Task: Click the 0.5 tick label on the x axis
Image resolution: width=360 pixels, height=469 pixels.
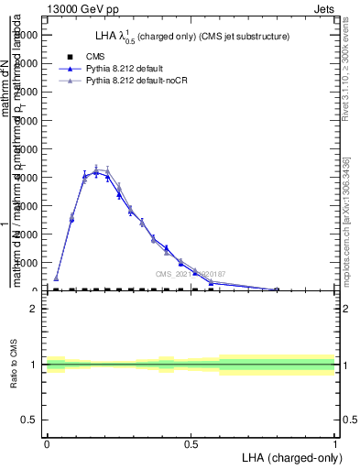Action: [x=191, y=444]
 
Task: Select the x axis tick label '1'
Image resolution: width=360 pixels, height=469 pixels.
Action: [x=335, y=444]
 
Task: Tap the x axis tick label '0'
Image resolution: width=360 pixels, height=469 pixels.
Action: [x=47, y=444]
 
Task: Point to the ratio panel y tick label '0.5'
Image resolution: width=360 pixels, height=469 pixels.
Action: [x=30, y=420]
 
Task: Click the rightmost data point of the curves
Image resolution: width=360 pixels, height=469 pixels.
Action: [x=277, y=289]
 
